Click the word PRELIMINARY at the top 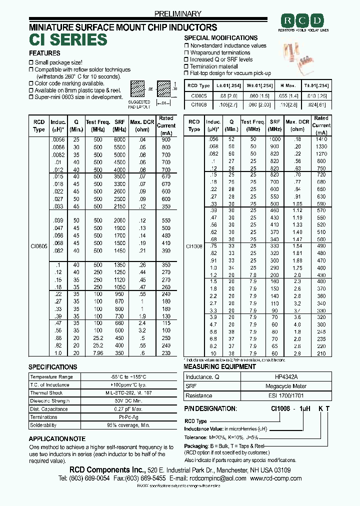[x=178, y=14]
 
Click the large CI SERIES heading [x=68, y=39]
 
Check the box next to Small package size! [x=31, y=62]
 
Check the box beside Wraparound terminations [x=186, y=52]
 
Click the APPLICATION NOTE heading [x=57, y=438]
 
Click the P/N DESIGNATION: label [x=210, y=408]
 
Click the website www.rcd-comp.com [x=274, y=478]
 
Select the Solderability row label [x=43, y=425]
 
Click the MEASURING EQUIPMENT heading [x=219, y=366]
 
